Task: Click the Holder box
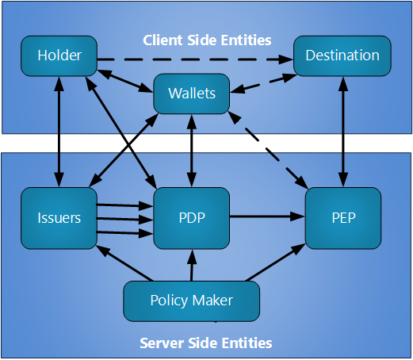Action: [x=59, y=56]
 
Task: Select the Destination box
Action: [x=342, y=56]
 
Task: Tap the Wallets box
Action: [x=192, y=94]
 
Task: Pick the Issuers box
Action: [x=59, y=218]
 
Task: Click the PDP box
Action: [x=192, y=218]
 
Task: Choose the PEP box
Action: [x=343, y=218]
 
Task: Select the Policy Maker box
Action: [x=192, y=301]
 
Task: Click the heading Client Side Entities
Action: [x=207, y=40]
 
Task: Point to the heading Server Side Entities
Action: [x=206, y=343]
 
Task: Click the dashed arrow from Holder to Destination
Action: [x=195, y=59]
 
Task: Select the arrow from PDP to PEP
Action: [x=267, y=216]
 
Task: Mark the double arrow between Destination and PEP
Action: [x=343, y=132]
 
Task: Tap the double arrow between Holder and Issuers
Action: [x=59, y=132]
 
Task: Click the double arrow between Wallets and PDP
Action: [x=192, y=151]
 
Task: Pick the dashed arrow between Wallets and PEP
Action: [x=268, y=150]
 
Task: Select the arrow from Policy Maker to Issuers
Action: [x=124, y=263]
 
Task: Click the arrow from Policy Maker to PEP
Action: [x=275, y=262]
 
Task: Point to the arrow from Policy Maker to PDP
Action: [x=192, y=265]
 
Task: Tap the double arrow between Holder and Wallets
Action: [x=125, y=81]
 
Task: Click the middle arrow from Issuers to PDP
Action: [x=124, y=219]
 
